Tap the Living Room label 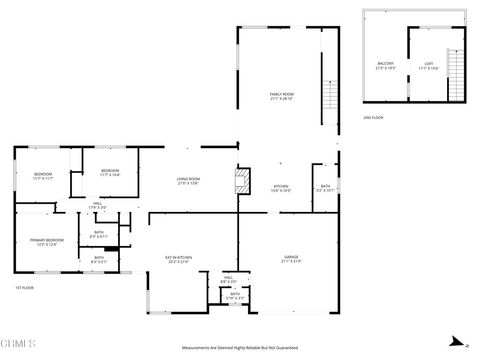[x=189, y=181]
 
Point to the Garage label [x=291, y=259]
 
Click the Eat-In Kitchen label [x=178, y=259]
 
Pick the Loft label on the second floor [x=428, y=65]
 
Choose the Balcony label [x=385, y=65]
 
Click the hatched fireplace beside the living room [x=240, y=181]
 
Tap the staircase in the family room [x=329, y=98]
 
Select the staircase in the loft [x=456, y=67]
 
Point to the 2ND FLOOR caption [x=373, y=117]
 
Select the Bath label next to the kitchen [x=325, y=186]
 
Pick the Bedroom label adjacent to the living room [x=109, y=172]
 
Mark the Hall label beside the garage [x=228, y=279]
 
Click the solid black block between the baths [x=112, y=247]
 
